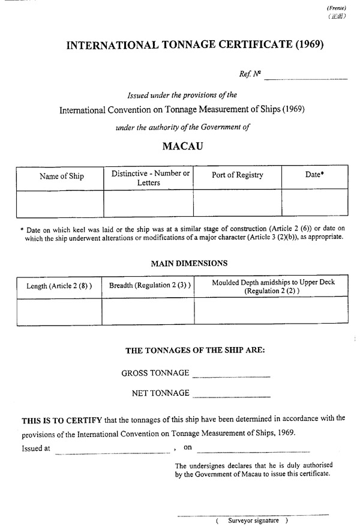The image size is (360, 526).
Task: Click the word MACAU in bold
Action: click(182, 146)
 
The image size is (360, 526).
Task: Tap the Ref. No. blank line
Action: click(306, 78)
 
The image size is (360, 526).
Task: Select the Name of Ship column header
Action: click(61, 177)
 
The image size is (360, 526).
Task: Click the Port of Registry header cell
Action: click(238, 175)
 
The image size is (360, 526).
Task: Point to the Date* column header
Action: click(315, 175)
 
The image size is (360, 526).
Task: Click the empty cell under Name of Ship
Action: click(61, 203)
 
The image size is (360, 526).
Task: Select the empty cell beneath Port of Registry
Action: click(238, 203)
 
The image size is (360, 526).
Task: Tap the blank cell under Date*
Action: click(315, 203)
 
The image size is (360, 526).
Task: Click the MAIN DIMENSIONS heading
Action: click(189, 264)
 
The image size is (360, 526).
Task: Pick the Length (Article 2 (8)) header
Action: click(59, 286)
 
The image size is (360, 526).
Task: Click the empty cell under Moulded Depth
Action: click(271, 310)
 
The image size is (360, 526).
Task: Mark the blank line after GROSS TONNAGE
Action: click(231, 376)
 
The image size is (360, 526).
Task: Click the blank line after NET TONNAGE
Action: click(231, 396)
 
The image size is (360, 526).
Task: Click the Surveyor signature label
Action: click(253, 520)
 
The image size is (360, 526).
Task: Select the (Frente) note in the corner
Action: click(337, 8)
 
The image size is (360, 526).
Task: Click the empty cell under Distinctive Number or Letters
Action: click(148, 203)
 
